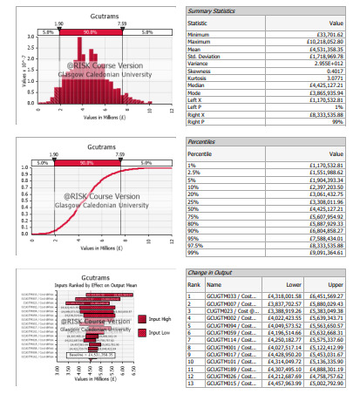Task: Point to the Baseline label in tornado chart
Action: click(83, 356)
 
